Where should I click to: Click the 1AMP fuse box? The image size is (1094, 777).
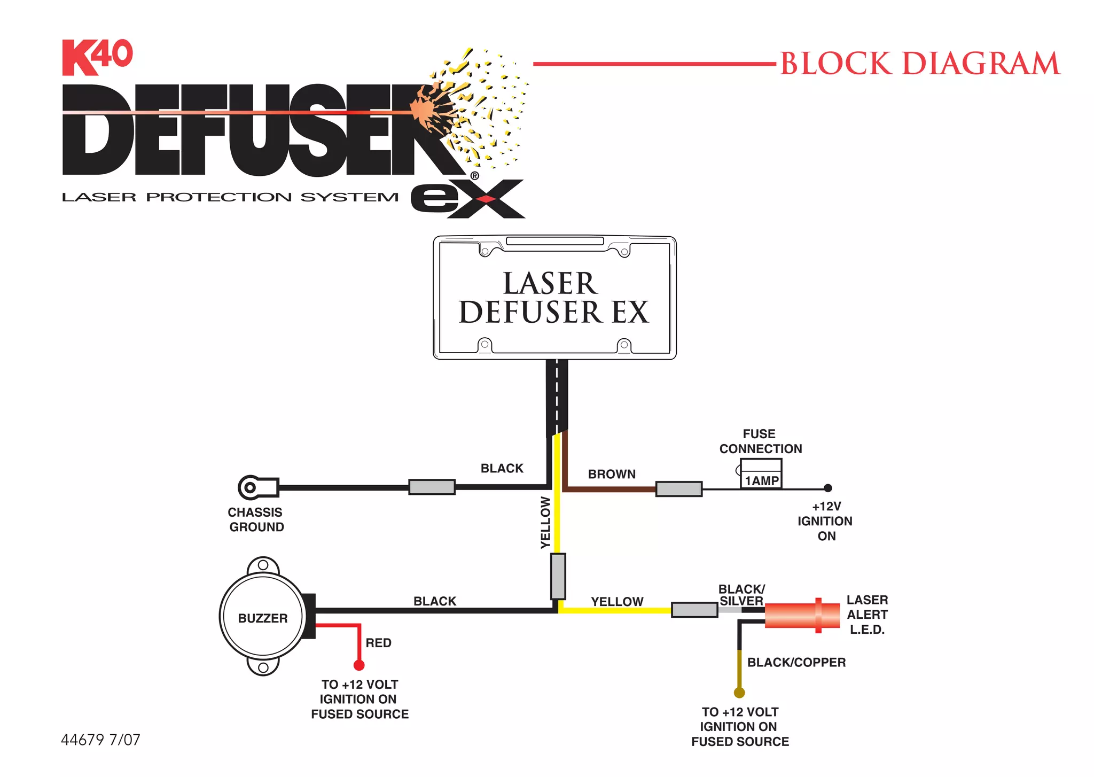click(x=761, y=474)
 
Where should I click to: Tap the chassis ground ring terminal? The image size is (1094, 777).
click(x=250, y=487)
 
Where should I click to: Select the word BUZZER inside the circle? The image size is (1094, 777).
click(x=262, y=618)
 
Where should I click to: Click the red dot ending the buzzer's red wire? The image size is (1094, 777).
click(x=359, y=665)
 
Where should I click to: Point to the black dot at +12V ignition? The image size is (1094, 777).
click(x=827, y=488)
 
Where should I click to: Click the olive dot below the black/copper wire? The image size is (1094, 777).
click(x=739, y=693)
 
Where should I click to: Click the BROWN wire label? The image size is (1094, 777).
click(x=612, y=474)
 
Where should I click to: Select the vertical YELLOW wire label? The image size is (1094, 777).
click(x=545, y=523)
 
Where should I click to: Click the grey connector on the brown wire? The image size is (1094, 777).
click(x=678, y=489)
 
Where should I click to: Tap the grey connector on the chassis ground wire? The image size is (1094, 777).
click(x=432, y=487)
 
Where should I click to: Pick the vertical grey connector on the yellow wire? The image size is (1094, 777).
click(x=558, y=577)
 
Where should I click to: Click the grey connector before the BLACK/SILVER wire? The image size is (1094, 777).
click(x=694, y=610)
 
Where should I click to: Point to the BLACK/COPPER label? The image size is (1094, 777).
click(x=796, y=663)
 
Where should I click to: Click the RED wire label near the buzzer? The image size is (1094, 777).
click(x=378, y=643)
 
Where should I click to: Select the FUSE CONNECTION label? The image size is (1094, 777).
click(x=760, y=441)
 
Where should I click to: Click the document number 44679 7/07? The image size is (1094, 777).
click(x=100, y=740)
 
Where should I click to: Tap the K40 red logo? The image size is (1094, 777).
click(x=97, y=57)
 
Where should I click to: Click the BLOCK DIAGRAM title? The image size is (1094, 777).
click(x=920, y=64)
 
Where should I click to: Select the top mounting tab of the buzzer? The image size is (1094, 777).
click(x=263, y=565)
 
